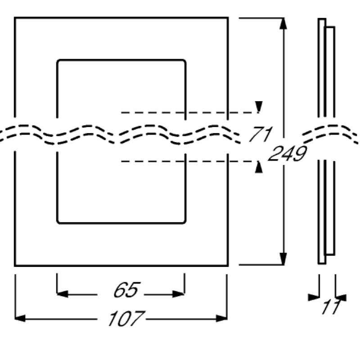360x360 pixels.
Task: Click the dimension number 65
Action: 126,291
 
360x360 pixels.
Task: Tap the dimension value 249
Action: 287,154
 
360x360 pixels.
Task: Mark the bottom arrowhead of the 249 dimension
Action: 283,260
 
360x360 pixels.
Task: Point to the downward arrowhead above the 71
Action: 259,107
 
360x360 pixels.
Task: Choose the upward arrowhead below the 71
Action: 259,167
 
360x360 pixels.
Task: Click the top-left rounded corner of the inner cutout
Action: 58,61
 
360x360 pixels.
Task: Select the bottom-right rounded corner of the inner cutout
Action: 184,221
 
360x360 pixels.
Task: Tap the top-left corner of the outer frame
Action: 15,18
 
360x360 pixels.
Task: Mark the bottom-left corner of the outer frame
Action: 15,265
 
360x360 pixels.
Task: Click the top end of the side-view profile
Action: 322,19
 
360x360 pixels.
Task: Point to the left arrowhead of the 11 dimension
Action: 314,297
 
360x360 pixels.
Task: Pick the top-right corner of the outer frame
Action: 228,18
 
